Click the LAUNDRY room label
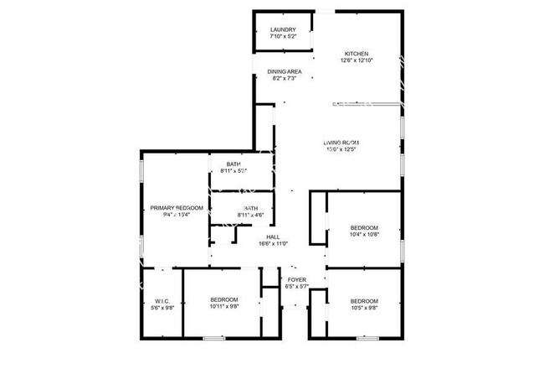tap(283, 30)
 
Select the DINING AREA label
tap(285, 71)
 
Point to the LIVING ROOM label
tap(341, 143)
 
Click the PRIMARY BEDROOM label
tap(177, 207)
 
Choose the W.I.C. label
tap(162, 300)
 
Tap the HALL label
tap(272, 236)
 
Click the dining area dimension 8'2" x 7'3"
tap(285, 79)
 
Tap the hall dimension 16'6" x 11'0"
tap(272, 244)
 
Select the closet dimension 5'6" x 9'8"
tap(162, 308)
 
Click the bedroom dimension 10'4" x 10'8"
tap(364, 235)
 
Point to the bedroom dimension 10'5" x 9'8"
tap(364, 308)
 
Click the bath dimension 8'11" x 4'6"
tap(250, 216)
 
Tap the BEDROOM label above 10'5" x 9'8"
tap(364, 300)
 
